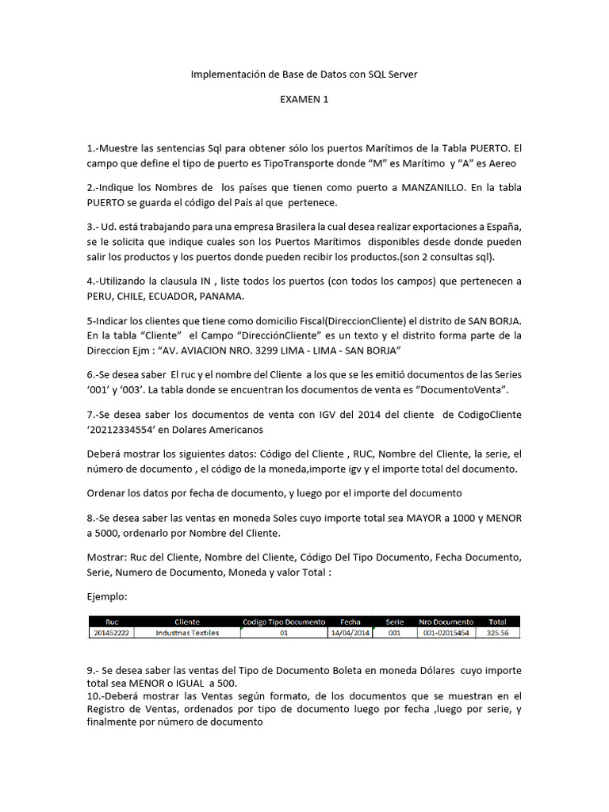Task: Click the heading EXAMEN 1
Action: click(x=304, y=99)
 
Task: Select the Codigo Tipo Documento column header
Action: click(x=284, y=622)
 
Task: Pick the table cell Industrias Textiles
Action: click(x=187, y=633)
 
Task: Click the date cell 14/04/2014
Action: click(x=350, y=633)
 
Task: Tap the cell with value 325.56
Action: click(x=498, y=633)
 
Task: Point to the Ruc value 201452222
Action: click(x=111, y=633)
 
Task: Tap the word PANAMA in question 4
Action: click(x=221, y=296)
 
